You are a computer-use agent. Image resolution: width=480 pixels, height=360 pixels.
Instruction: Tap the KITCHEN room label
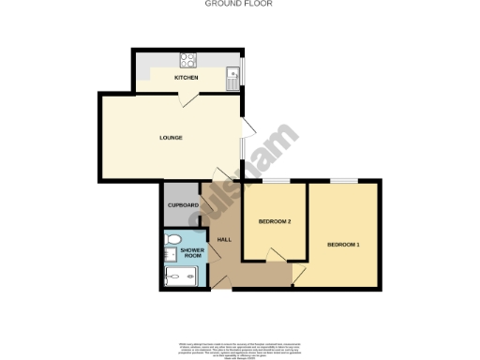point(186,77)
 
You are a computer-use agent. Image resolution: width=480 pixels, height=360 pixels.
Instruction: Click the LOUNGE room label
point(170,138)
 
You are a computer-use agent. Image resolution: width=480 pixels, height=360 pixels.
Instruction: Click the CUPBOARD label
point(183,205)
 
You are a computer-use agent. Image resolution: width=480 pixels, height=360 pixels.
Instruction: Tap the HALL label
point(224,240)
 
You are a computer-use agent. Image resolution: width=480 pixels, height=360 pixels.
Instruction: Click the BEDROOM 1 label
point(343,245)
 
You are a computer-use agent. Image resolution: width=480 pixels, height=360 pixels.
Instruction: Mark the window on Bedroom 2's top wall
point(278,180)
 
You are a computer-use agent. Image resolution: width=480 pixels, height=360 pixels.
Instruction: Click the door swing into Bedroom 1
point(299,273)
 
